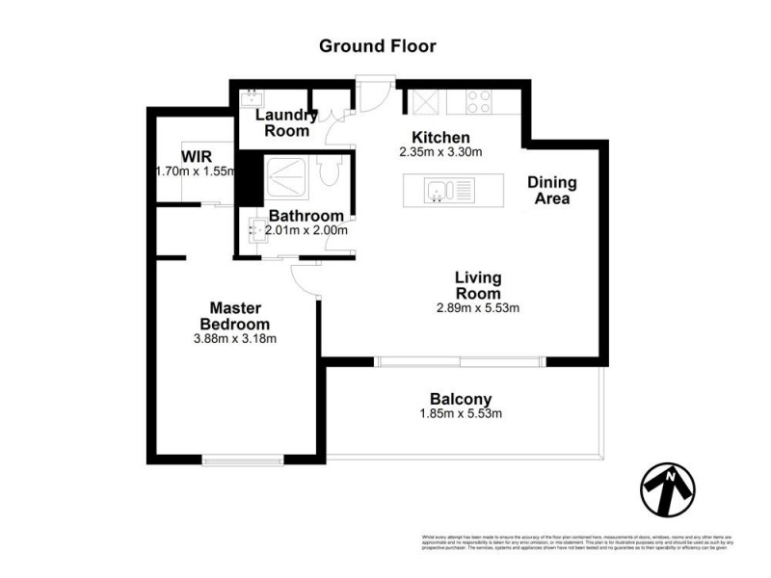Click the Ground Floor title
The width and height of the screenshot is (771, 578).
point(377,45)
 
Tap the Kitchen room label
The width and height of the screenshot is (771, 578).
point(440,137)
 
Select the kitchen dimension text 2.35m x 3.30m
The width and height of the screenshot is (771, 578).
point(440,152)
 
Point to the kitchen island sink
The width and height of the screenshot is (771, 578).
point(439,190)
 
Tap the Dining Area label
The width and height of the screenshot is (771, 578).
point(552,191)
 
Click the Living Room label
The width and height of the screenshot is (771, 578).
point(478,285)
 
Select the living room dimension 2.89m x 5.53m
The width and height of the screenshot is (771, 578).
point(478,308)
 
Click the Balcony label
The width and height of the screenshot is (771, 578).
point(461,399)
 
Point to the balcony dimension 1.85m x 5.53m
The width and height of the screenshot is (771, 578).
point(461,414)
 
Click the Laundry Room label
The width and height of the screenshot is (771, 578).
point(285,122)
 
